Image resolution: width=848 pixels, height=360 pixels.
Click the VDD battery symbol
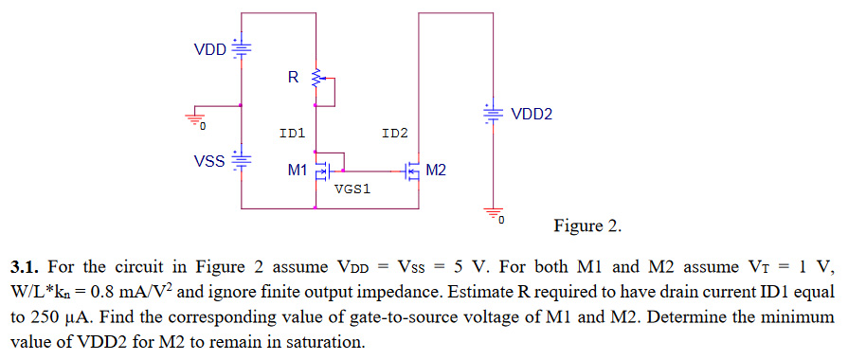[x=243, y=47]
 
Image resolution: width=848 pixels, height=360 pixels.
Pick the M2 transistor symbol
[x=413, y=171]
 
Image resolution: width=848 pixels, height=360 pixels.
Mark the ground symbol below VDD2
[x=493, y=214]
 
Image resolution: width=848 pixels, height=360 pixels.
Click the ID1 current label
[x=291, y=134]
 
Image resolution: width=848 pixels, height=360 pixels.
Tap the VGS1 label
[x=352, y=189]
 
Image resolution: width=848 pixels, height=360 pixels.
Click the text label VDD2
[x=532, y=115]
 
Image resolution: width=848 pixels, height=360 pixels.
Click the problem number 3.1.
[x=26, y=265]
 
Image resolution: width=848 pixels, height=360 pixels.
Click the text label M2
[x=436, y=171]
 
